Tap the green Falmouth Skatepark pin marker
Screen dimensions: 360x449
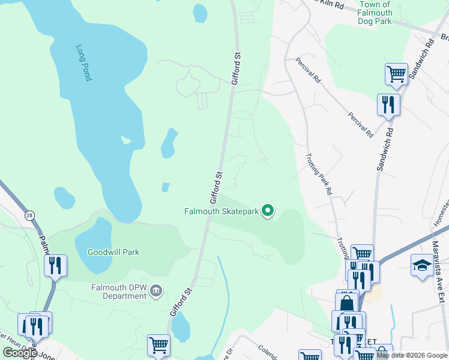pyautogui.click(x=268, y=211)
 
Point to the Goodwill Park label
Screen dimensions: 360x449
pyautogui.click(x=113, y=252)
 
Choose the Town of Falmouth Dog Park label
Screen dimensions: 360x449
pyautogui.click(x=376, y=13)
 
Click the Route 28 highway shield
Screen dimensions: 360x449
pyautogui.click(x=29, y=215)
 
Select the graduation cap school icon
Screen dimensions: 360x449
pyautogui.click(x=422, y=265)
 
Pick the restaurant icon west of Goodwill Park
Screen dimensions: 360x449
pyautogui.click(x=55, y=265)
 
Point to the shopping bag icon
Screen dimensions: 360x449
pyautogui.click(x=346, y=302)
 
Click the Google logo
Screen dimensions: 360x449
pyautogui.click(x=20, y=353)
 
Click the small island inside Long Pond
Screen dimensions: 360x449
pyautogui.click(x=126, y=140)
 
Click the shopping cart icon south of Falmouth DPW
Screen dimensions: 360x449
pyautogui.click(x=158, y=345)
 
